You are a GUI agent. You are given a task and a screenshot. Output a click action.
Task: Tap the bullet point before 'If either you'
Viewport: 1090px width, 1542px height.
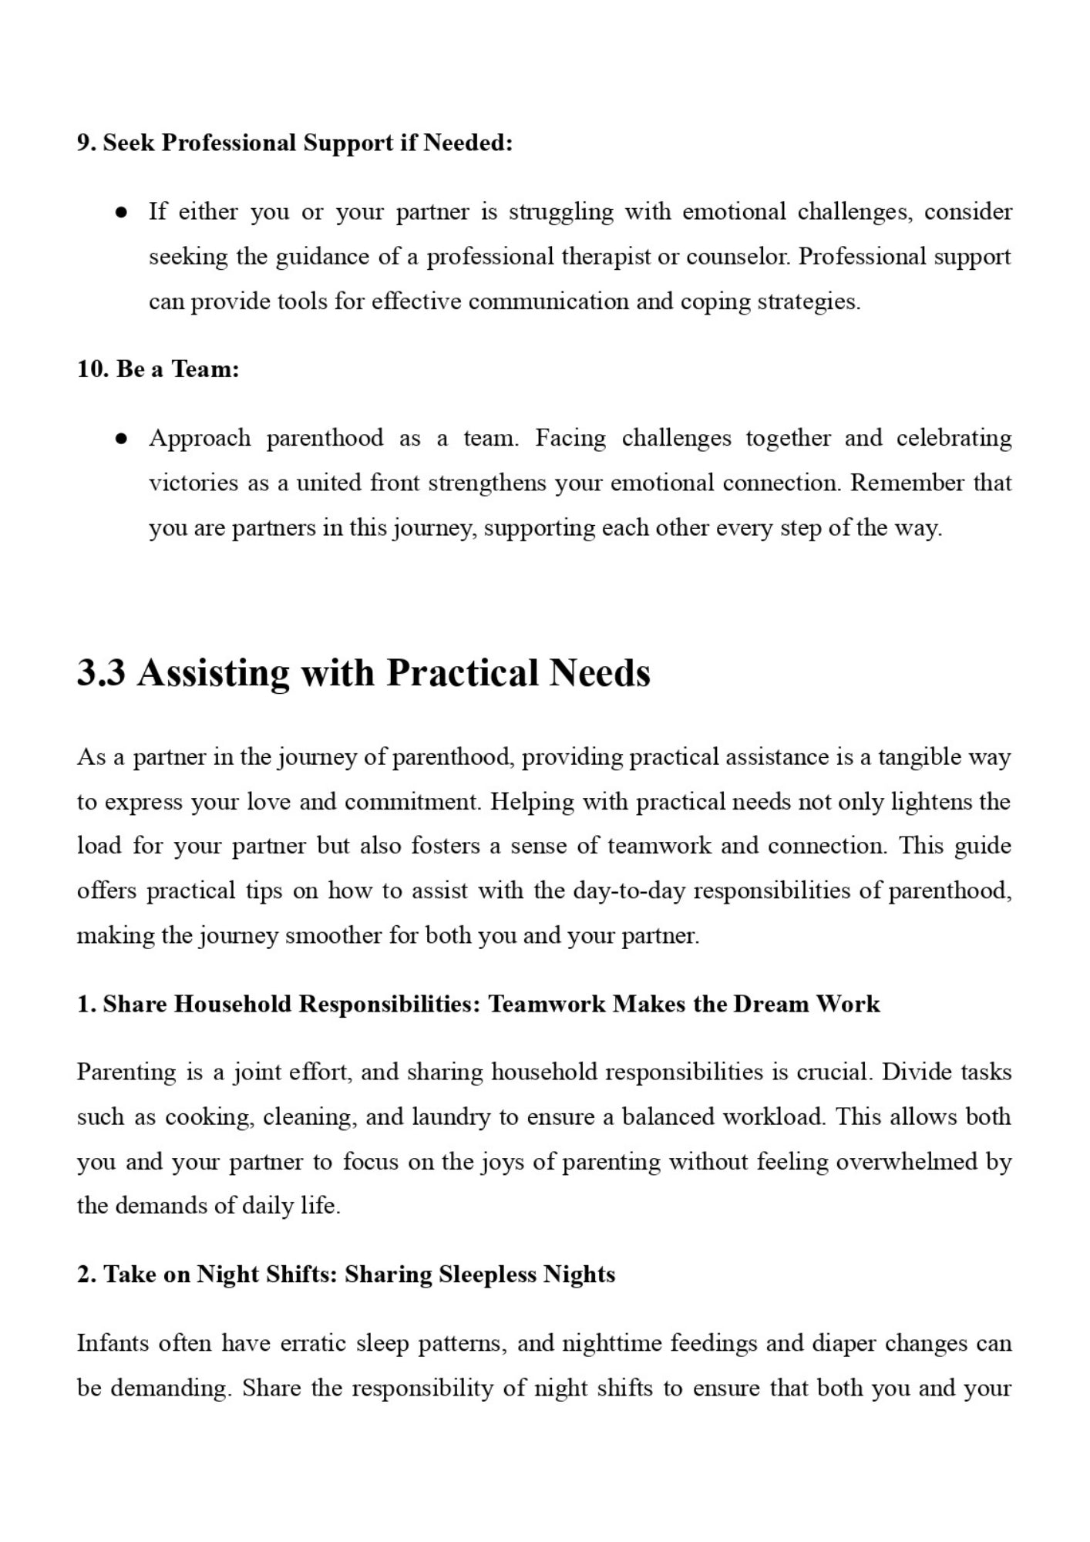[x=120, y=213]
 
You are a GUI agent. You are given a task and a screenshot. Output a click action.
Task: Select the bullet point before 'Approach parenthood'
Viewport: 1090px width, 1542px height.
[x=120, y=439]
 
